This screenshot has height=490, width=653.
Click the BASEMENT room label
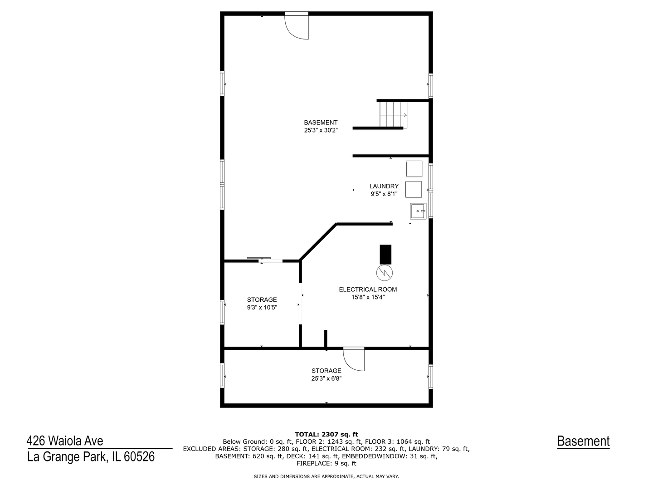(x=321, y=122)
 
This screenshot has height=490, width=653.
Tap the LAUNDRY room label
(x=384, y=186)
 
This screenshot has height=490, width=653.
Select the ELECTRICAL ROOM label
(x=368, y=289)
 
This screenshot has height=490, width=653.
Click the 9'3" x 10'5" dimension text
(x=262, y=307)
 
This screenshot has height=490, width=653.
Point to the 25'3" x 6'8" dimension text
(x=326, y=378)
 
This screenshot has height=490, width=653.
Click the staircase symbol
(x=393, y=114)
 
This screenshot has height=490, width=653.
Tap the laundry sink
(x=418, y=211)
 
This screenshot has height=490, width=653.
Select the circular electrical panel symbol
(x=385, y=273)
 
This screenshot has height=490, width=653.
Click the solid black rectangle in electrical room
(x=385, y=255)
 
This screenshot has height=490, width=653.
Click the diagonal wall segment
(x=318, y=242)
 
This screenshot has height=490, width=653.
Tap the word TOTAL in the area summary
(x=306, y=435)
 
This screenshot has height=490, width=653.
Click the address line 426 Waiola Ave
(x=65, y=441)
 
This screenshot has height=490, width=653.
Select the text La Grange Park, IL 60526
(x=91, y=457)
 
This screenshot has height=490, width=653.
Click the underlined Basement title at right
(x=583, y=441)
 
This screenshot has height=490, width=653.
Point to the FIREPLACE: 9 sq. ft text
(x=326, y=463)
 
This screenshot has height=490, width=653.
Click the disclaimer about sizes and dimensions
(x=326, y=476)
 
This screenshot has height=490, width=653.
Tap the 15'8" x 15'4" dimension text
(x=368, y=297)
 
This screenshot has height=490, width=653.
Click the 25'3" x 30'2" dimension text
(x=321, y=130)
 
